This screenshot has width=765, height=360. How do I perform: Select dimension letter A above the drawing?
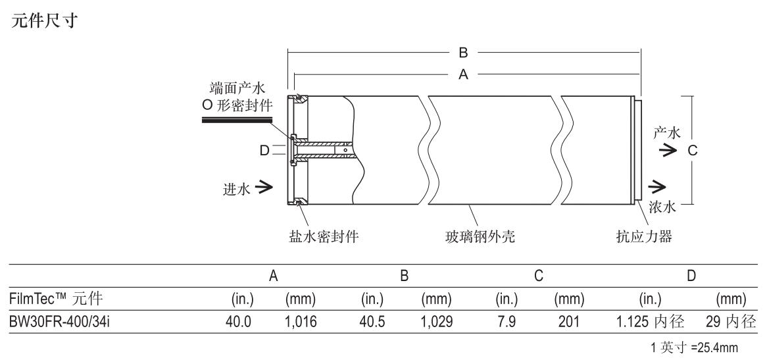463,75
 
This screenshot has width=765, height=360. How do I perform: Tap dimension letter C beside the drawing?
692,151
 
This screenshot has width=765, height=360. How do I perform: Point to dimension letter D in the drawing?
264,151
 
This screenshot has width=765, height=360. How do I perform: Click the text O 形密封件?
238,105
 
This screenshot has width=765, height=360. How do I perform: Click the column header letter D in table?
691,278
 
